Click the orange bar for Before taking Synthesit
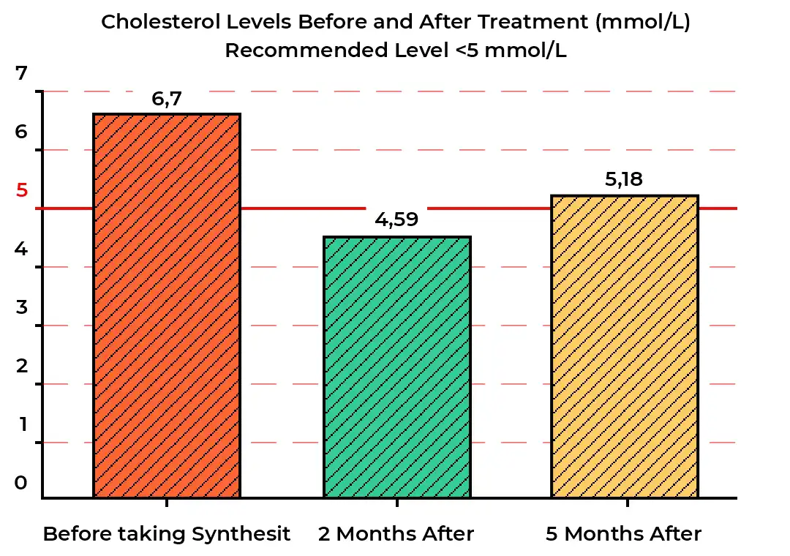167,306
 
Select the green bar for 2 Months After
397,367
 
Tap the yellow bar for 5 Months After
625,347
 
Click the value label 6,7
167,99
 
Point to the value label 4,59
396,219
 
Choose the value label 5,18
624,179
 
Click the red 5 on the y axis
22,190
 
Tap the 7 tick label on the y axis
21,73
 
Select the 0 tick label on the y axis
20,482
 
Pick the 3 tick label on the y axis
21,307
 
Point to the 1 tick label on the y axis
23,424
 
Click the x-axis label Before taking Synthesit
167,534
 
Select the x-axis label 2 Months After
396,534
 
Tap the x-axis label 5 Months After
624,534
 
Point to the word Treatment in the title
533,22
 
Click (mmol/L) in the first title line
642,22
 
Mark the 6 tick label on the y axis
21,132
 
